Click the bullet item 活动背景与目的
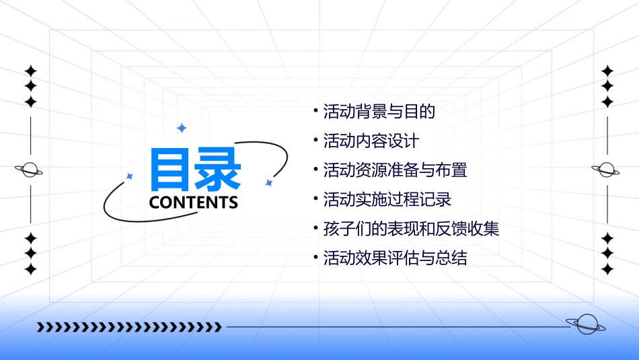click(379, 112)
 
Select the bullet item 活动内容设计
click(371, 141)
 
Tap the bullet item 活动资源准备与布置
click(395, 170)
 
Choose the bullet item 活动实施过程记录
click(387, 200)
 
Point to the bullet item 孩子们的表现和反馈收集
click(411, 229)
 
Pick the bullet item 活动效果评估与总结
click(395, 258)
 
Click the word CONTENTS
click(194, 203)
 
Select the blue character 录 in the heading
click(219, 170)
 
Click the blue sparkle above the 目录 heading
click(181, 128)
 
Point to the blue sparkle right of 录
click(268, 182)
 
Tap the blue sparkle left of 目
click(130, 176)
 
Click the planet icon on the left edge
click(30, 170)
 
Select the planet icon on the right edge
click(607, 170)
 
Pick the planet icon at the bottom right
click(585, 324)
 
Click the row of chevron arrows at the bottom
click(129, 327)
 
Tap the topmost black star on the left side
click(30, 71)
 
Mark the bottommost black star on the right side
click(607, 269)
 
